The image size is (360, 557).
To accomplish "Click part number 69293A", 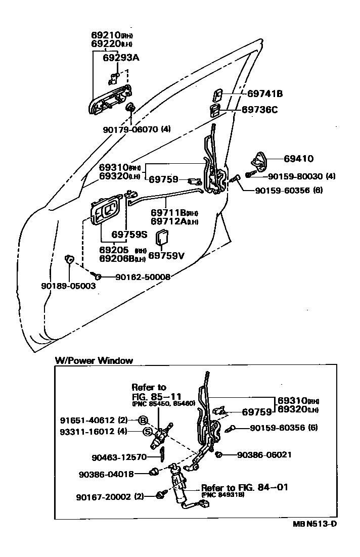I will (121, 58).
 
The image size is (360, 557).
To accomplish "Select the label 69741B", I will (264, 94).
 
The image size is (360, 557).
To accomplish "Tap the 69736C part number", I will (259, 109).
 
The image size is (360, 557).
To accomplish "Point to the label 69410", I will (298, 158).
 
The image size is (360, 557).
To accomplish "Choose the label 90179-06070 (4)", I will (137, 129).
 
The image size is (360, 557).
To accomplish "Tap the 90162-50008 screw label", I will (143, 277).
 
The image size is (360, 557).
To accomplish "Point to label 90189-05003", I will (68, 286).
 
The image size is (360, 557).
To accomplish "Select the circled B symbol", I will (143, 420).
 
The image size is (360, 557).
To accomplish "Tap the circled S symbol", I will (147, 431).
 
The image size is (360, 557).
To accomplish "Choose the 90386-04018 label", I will (106, 475).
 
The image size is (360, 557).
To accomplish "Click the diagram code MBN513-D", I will (314, 523).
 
